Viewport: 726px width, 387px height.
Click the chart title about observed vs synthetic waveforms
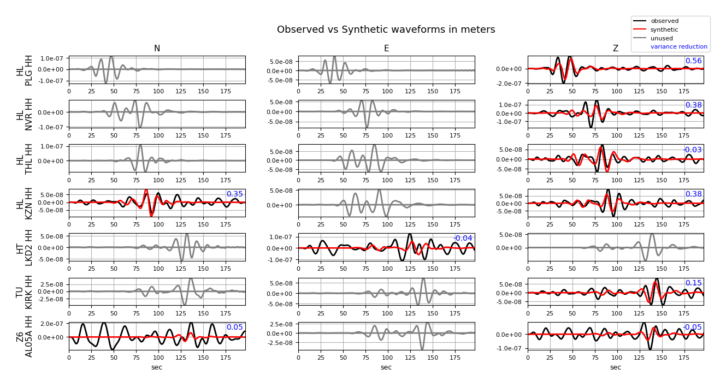[386, 29]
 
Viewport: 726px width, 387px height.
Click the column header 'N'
[157, 49]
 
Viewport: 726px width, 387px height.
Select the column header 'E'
[386, 49]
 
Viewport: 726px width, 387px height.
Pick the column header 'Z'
[615, 49]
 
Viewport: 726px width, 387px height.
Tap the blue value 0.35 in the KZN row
[234, 194]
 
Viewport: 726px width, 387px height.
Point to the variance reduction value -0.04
[463, 239]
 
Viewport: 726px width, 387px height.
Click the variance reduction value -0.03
[692, 150]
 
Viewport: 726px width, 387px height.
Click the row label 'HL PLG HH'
[25, 70]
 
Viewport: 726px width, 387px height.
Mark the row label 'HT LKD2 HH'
[25, 247]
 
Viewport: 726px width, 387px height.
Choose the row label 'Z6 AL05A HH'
[25, 336]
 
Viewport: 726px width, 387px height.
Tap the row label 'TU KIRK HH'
[25, 291]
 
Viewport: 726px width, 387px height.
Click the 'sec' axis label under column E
[386, 367]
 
